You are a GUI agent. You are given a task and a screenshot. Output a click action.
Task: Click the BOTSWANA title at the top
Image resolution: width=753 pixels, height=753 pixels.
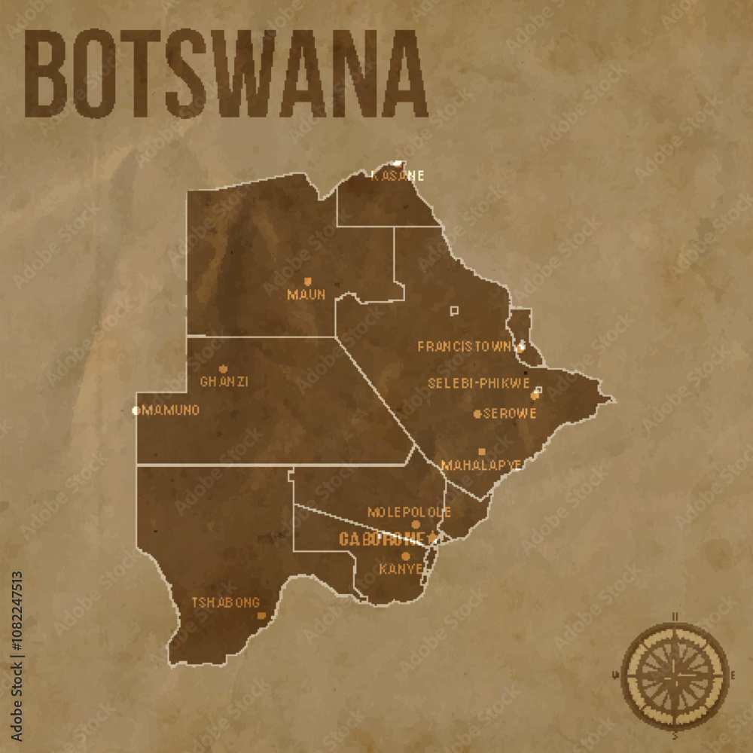(226, 74)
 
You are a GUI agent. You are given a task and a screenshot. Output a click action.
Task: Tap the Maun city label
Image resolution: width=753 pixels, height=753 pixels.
(306, 294)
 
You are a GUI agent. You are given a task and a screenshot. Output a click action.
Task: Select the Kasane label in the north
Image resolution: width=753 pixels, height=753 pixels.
(398, 175)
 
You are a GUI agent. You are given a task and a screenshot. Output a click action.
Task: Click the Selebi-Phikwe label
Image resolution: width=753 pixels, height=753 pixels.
(479, 383)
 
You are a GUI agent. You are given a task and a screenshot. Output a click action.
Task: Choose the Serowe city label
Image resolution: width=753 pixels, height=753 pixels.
(510, 413)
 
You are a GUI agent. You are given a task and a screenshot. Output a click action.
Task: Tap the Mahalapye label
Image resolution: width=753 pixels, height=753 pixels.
(481, 465)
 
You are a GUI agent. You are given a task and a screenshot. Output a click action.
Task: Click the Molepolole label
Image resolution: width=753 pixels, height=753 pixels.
(409, 512)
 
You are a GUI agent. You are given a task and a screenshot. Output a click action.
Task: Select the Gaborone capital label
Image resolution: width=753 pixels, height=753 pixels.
(382, 538)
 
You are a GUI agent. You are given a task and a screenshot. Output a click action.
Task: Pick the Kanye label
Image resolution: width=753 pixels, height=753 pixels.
(401, 569)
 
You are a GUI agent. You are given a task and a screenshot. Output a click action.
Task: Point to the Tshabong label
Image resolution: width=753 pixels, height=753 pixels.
(225, 602)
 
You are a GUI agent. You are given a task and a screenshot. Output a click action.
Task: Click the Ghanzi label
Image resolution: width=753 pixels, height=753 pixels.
(224, 382)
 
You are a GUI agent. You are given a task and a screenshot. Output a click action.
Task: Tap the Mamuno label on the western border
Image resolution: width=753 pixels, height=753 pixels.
(171, 410)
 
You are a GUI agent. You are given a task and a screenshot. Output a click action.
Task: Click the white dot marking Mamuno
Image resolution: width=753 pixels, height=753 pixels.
(136, 410)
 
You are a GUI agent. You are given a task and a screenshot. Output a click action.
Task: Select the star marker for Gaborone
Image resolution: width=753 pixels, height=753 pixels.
(432, 538)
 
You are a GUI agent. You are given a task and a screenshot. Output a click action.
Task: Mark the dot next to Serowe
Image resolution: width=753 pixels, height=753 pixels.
(477, 413)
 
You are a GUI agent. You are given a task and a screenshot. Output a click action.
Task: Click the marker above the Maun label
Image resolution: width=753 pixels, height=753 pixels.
(307, 282)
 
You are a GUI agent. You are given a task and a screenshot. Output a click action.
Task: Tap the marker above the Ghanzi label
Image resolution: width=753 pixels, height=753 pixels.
(222, 369)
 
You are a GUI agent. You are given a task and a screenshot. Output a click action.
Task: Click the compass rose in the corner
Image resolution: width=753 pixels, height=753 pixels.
(675, 673)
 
